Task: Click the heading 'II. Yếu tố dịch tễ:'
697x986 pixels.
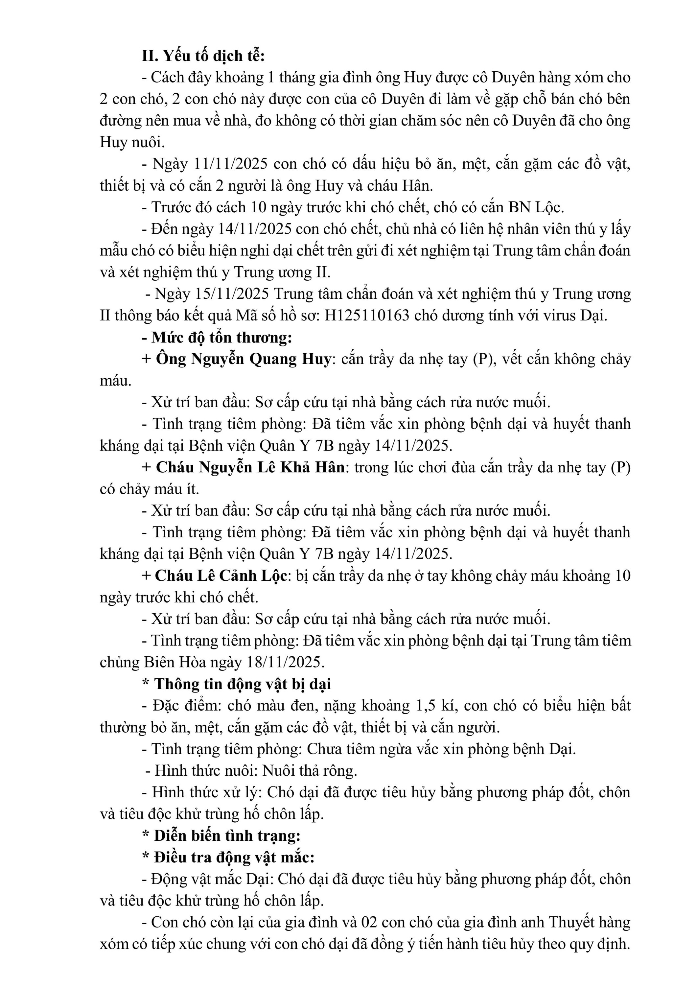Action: (203, 56)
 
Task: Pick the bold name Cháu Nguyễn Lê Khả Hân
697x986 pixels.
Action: (250, 467)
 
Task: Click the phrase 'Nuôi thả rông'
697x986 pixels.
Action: (309, 770)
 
